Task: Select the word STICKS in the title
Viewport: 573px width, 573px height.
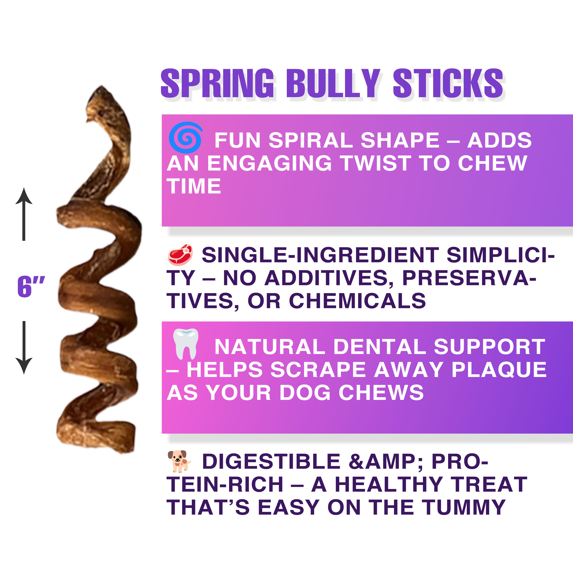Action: coord(448,83)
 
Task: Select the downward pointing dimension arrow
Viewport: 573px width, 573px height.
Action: coord(24,348)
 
